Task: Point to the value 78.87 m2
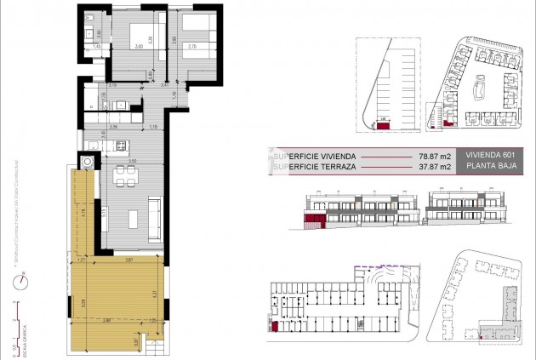coord(434,157)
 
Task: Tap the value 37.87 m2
coord(434,168)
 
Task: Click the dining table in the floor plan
coord(126,177)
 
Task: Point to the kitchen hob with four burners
coord(122,143)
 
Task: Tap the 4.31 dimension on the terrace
coord(152,294)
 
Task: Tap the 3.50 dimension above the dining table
coord(132,160)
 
